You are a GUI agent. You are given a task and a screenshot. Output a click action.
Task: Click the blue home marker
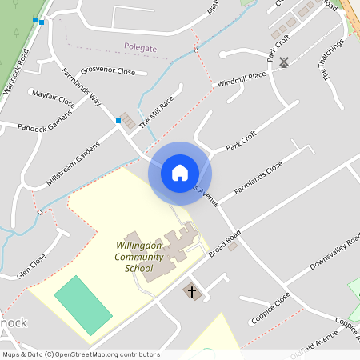pos(180,173)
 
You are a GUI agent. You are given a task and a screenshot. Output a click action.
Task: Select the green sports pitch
pos(82,306)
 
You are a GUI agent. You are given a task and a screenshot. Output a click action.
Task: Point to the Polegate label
pos(140,48)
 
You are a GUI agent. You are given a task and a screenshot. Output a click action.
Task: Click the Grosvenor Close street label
pos(108,70)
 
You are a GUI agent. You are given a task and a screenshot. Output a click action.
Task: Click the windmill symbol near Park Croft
pos(283,61)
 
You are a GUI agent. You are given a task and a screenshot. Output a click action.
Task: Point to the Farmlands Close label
pos(258,179)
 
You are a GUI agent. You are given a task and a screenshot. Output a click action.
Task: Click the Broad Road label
pos(225,244)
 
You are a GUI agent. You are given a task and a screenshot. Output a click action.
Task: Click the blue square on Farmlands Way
pos(118,121)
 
